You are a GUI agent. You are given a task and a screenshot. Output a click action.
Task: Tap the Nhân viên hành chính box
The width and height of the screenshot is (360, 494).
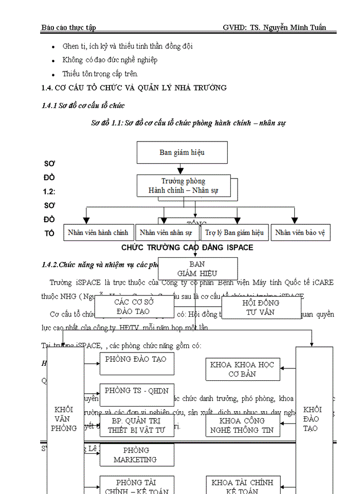[98, 233]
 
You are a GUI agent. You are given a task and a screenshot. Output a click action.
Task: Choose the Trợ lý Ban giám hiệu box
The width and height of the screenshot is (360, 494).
[234, 233]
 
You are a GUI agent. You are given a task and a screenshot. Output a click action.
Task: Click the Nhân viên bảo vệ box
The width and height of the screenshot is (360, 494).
[300, 233]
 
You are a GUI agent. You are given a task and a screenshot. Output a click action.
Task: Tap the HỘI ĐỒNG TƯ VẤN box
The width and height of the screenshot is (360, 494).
[260, 308]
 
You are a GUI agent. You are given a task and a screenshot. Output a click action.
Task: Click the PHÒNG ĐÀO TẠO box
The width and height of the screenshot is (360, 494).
[136, 363]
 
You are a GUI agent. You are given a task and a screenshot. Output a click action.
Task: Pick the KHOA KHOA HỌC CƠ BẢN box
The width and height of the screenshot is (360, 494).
[242, 369]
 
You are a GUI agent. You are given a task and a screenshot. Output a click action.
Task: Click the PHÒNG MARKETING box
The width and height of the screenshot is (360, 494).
[136, 455]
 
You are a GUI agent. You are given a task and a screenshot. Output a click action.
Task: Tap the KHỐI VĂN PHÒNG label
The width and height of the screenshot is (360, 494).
[65, 418]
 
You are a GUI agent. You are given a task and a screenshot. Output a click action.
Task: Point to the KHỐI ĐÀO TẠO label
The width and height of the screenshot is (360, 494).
[313, 418]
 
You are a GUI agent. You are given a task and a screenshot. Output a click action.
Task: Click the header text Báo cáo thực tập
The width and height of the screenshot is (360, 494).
[68, 27]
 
